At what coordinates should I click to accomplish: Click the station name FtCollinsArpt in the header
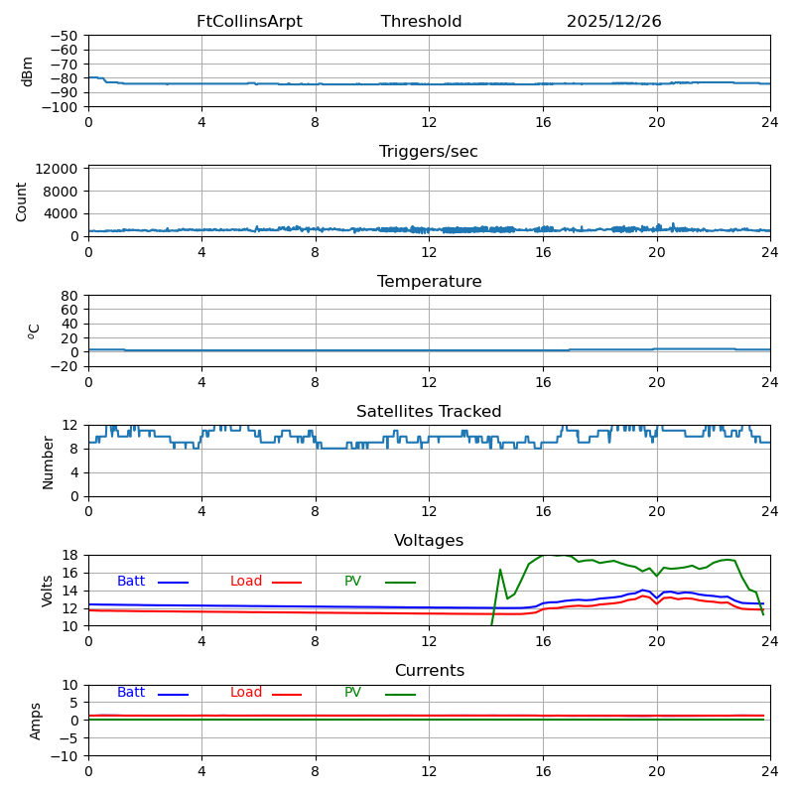tap(249, 22)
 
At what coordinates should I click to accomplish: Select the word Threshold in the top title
tap(421, 22)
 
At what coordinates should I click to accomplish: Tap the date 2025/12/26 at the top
tap(613, 22)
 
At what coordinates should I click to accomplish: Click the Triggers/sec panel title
tap(429, 152)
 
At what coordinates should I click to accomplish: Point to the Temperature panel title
tap(429, 282)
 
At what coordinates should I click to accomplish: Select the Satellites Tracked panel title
tap(429, 412)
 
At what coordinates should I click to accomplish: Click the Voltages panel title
tap(429, 541)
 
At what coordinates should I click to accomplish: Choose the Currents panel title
tap(429, 671)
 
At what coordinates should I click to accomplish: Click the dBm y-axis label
tap(27, 71)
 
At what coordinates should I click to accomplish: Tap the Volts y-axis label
tap(48, 591)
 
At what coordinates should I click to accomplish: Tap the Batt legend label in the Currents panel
tap(131, 693)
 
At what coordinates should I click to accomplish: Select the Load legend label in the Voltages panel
tap(246, 582)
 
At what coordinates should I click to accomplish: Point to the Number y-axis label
tap(48, 462)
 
